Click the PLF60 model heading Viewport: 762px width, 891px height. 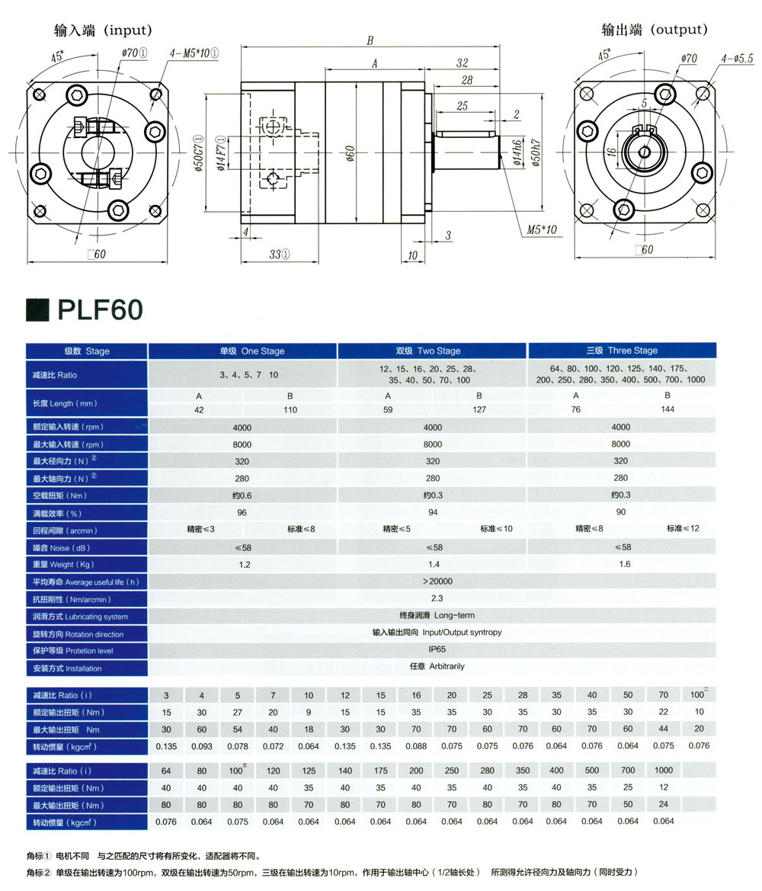[x=100, y=309]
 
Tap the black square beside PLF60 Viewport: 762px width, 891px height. [x=37, y=309]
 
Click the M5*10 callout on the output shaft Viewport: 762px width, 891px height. [x=541, y=229]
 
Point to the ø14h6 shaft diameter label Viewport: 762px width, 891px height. [x=517, y=152]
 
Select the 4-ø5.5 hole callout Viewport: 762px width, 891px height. [x=737, y=58]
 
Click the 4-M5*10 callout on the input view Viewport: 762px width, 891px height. [x=194, y=53]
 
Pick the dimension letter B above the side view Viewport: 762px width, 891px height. [x=370, y=40]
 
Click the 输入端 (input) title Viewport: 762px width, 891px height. [x=103, y=30]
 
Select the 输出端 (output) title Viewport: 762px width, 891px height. [x=655, y=29]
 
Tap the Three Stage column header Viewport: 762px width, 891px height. [x=622, y=350]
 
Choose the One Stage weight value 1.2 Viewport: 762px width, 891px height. [x=245, y=565]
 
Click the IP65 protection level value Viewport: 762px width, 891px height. [x=437, y=649]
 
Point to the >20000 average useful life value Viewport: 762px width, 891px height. [x=437, y=582]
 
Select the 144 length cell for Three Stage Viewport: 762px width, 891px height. [x=667, y=409]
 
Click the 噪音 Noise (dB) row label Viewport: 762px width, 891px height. [x=62, y=548]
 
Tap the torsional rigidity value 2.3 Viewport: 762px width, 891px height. [x=437, y=598]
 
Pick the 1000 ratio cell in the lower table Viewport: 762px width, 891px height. [x=663, y=770]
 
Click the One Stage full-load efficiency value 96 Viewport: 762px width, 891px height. [x=242, y=512]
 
